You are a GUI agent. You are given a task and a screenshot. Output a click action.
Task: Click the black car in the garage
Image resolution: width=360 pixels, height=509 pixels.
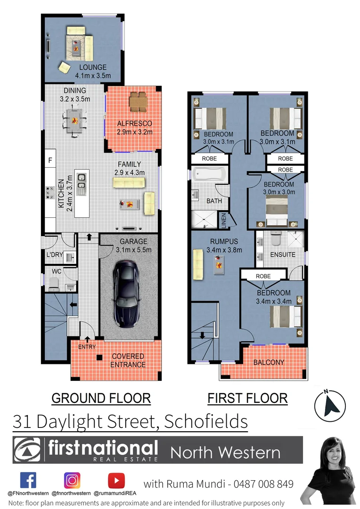click(126, 295)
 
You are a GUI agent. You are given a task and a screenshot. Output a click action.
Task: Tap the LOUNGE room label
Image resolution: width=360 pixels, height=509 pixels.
click(93, 67)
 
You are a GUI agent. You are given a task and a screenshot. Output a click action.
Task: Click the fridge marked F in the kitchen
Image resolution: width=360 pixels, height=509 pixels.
click(50, 161)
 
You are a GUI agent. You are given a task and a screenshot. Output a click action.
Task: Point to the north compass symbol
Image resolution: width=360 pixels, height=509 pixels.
click(330, 405)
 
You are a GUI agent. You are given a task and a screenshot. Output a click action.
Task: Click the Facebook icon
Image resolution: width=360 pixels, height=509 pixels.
click(28, 480)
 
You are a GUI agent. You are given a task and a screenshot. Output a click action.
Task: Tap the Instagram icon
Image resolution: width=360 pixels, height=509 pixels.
click(72, 480)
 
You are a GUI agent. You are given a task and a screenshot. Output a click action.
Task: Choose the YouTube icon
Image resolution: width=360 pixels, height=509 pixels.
click(116, 480)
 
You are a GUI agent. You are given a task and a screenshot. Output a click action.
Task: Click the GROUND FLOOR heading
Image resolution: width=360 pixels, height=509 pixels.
click(101, 398)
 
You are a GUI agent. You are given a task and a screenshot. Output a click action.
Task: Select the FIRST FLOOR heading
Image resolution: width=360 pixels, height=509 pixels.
click(247, 398)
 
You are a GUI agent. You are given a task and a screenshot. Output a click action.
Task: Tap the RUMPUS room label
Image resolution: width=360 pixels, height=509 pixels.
click(223, 242)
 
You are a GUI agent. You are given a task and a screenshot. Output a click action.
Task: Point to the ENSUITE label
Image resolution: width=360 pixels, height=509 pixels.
click(283, 254)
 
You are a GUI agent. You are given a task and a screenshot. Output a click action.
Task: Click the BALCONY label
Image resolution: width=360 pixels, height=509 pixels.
click(269, 362)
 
